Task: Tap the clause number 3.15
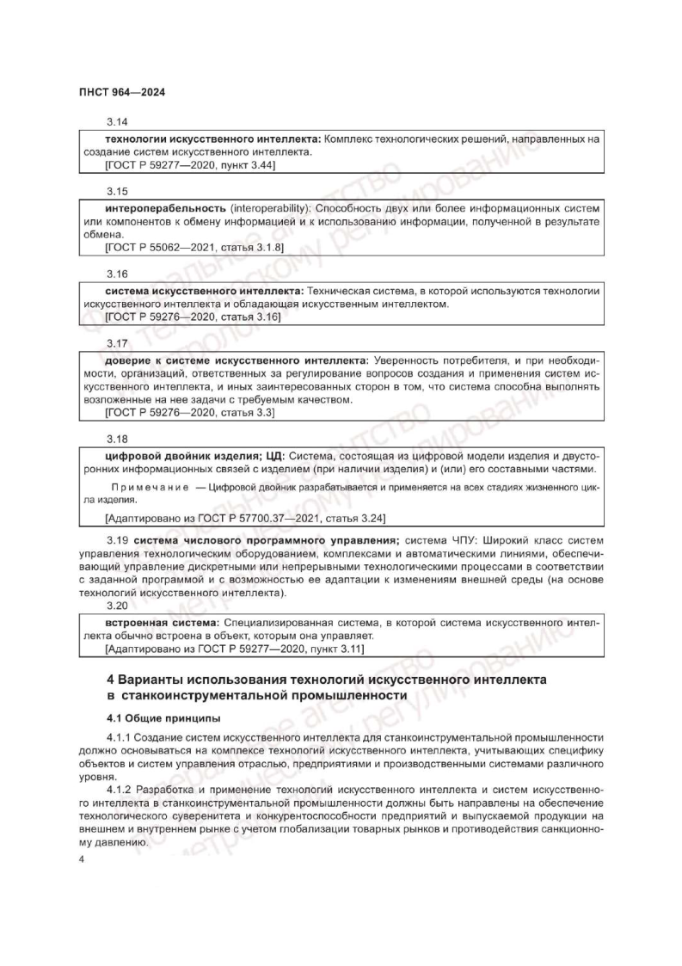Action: (116, 190)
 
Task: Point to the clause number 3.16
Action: (116, 273)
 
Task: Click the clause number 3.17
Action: (116, 342)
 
